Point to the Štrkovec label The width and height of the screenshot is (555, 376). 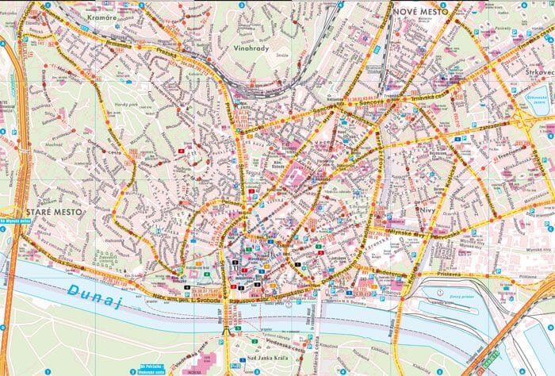(539, 73)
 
